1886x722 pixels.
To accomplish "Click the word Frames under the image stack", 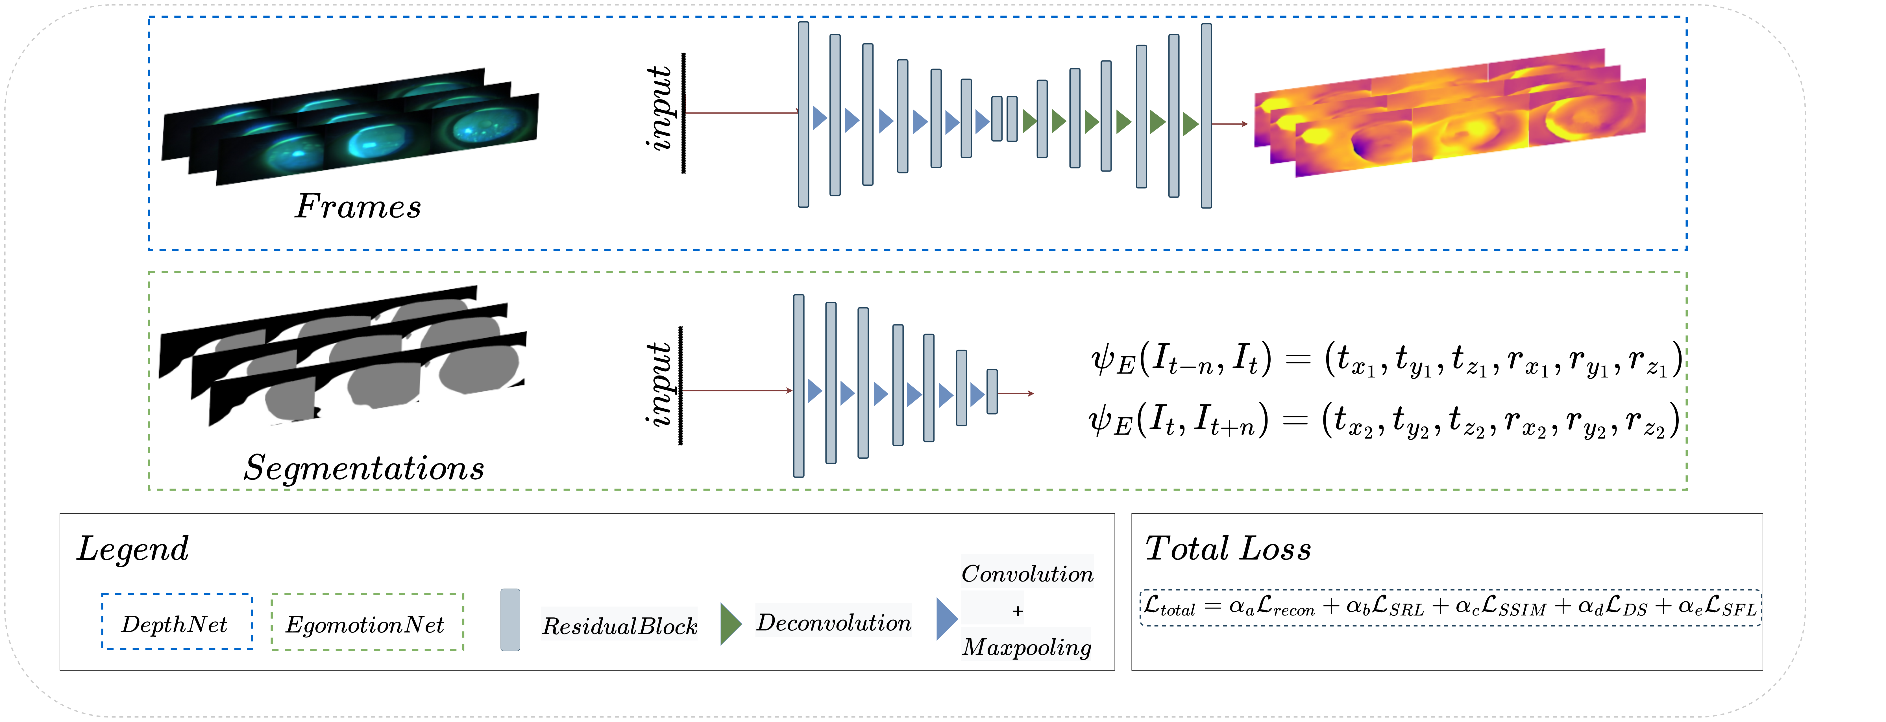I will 358,207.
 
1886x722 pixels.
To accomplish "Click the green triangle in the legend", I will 730,624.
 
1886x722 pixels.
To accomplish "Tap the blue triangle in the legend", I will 946,619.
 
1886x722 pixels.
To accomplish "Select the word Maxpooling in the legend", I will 1027,647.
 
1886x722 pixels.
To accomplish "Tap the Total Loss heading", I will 1228,548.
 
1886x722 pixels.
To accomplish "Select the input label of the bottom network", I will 659,384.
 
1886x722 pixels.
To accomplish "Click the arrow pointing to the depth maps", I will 1230,124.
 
